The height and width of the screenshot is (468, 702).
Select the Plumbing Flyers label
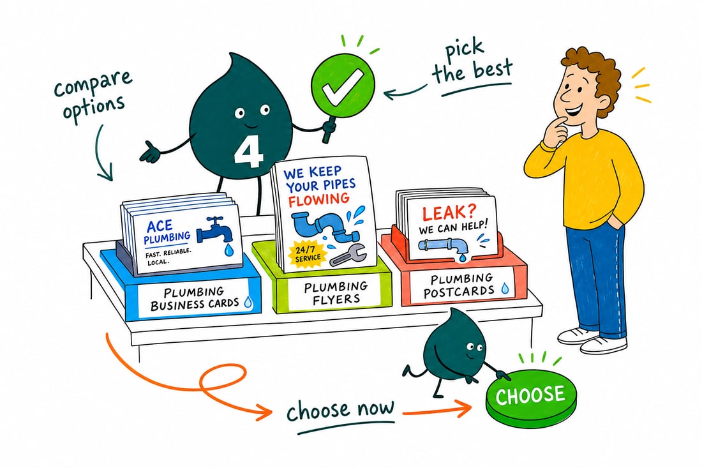pyautogui.click(x=336, y=293)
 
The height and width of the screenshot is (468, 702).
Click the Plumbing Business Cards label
pyautogui.click(x=195, y=299)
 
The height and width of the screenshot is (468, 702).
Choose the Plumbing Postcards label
pyautogui.click(x=462, y=286)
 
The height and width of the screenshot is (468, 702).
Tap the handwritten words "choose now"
pyautogui.click(x=341, y=411)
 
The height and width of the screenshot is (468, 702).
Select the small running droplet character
pyautogui.click(x=452, y=353)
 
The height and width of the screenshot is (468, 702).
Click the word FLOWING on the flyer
pyautogui.click(x=318, y=199)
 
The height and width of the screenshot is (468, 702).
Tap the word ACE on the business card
pyautogui.click(x=160, y=225)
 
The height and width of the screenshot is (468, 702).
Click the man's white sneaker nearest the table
pyautogui.click(x=578, y=335)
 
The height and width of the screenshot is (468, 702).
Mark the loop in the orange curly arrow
pyautogui.click(x=224, y=380)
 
